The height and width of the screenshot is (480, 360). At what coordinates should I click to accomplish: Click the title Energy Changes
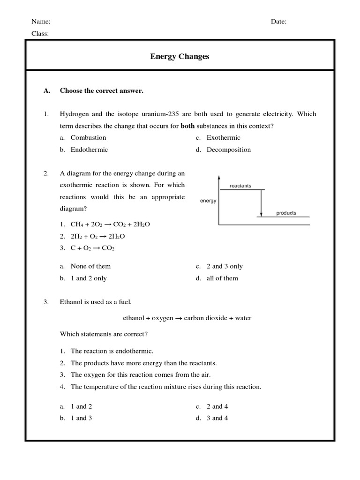point(180,56)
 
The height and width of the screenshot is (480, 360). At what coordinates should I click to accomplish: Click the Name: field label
point(41,22)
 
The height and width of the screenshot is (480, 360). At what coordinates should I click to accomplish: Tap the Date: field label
point(278,22)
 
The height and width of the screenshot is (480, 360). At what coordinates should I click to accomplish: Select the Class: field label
point(40,33)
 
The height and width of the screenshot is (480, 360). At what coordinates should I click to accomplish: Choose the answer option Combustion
point(88,138)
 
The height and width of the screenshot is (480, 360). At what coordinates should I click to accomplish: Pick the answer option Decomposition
point(229,150)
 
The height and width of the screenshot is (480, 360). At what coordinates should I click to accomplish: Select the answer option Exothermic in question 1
point(224,138)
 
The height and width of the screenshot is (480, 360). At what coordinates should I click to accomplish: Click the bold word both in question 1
point(187,126)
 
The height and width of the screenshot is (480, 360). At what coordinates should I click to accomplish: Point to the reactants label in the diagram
point(240,186)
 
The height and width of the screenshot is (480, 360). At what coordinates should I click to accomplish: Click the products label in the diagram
point(286,213)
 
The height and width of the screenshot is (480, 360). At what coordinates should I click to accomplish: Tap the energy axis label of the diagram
point(208,201)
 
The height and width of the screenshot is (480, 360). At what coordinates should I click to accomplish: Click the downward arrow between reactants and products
point(261,202)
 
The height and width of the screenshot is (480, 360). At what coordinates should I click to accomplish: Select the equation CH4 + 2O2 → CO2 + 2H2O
point(110,224)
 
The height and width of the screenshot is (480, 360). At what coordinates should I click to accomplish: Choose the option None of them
point(90,266)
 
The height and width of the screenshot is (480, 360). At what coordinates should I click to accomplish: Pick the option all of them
point(222,278)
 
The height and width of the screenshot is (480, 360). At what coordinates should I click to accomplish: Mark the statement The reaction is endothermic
point(112,351)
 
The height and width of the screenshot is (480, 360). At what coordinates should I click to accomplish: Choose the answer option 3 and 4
point(217,418)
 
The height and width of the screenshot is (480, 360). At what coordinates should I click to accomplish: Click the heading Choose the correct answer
point(101,91)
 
